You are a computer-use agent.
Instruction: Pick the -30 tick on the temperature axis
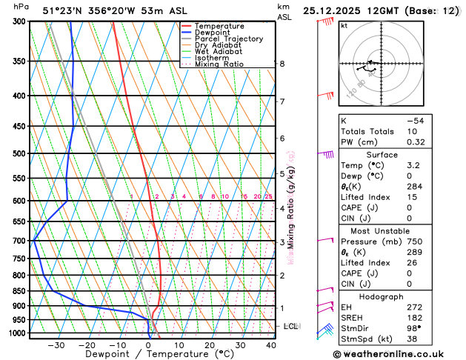[x=56, y=345]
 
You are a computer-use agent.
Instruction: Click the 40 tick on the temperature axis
[x=271, y=345]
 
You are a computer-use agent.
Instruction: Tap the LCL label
[x=291, y=326]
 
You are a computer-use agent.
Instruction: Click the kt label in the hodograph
[x=344, y=25]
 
